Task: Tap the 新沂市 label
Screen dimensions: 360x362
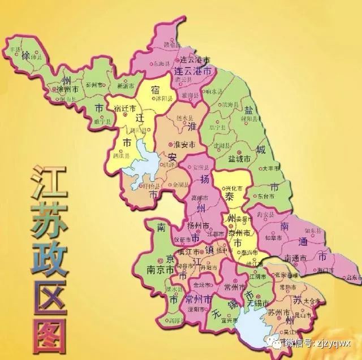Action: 124,86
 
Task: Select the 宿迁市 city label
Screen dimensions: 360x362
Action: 124,108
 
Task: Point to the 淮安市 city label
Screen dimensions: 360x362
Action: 183,144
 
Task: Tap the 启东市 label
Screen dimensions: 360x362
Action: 353,277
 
